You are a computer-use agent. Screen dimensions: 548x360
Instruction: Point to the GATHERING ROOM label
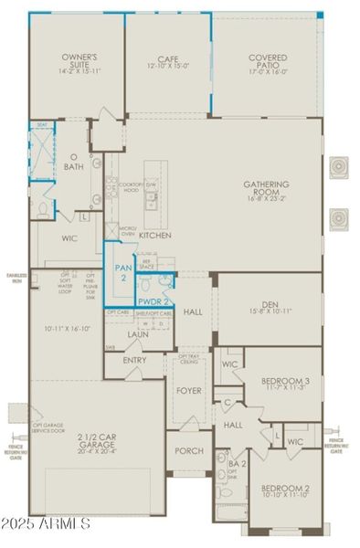tap(266, 187)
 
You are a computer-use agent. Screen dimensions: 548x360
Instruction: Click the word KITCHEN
tap(154, 235)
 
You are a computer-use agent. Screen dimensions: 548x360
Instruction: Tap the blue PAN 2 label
tap(122, 271)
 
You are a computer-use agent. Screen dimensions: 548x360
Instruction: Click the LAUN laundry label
tap(138, 334)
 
